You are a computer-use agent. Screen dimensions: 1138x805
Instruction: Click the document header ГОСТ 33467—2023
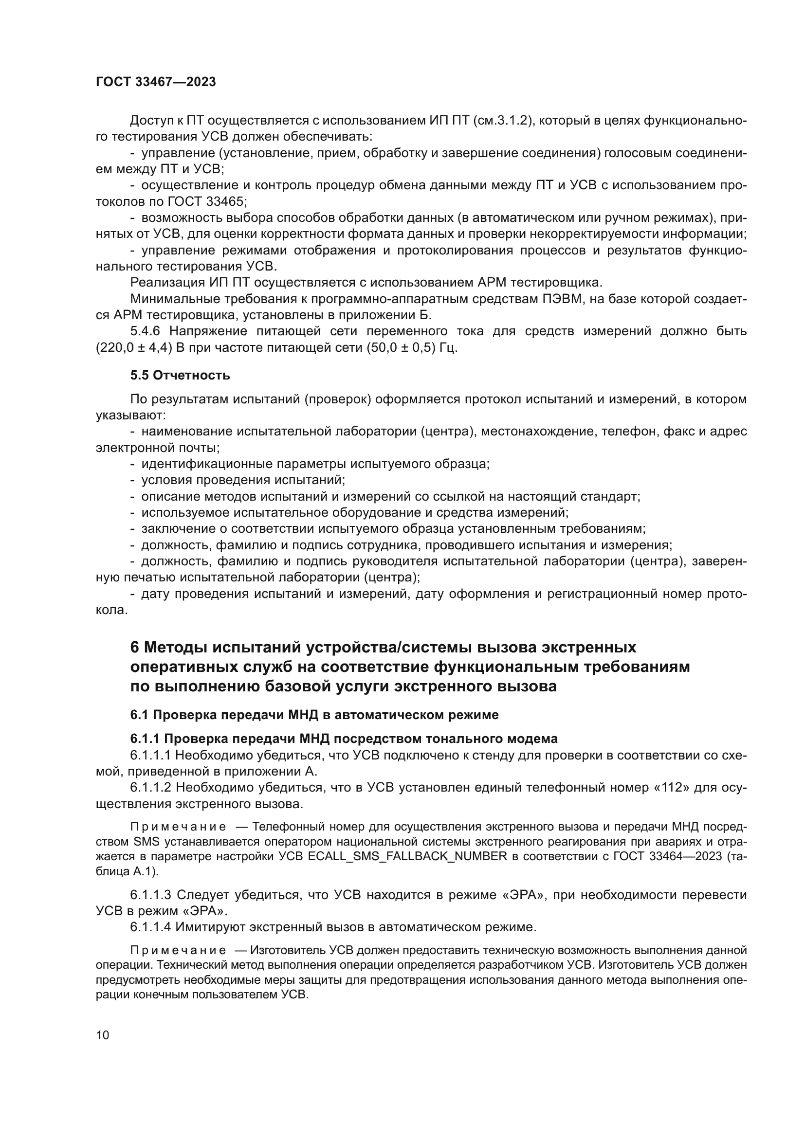(156, 82)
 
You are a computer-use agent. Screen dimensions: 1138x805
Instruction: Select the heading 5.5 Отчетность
(180, 375)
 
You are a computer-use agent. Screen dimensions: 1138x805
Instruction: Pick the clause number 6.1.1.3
(150, 895)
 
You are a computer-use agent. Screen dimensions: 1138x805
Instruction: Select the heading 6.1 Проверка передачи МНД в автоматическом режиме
(314, 715)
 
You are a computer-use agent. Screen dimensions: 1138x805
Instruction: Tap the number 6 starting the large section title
(134, 648)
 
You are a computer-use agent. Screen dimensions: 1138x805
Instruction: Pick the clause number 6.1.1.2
(150, 788)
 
